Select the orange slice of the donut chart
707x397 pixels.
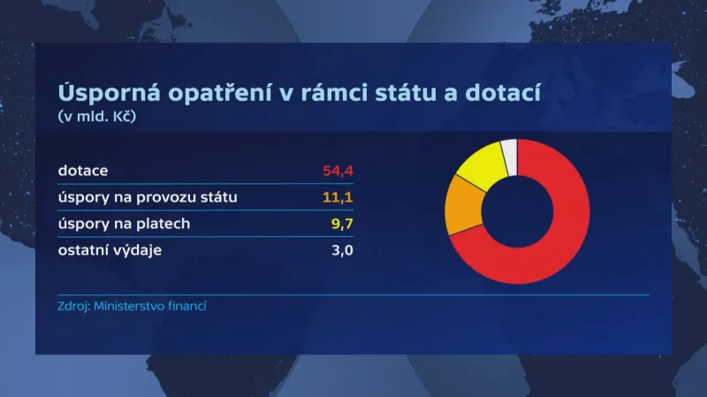[462, 205]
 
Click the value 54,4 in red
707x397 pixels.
[338, 170]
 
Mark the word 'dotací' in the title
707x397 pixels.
[509, 93]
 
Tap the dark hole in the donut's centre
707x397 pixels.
[517, 211]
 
